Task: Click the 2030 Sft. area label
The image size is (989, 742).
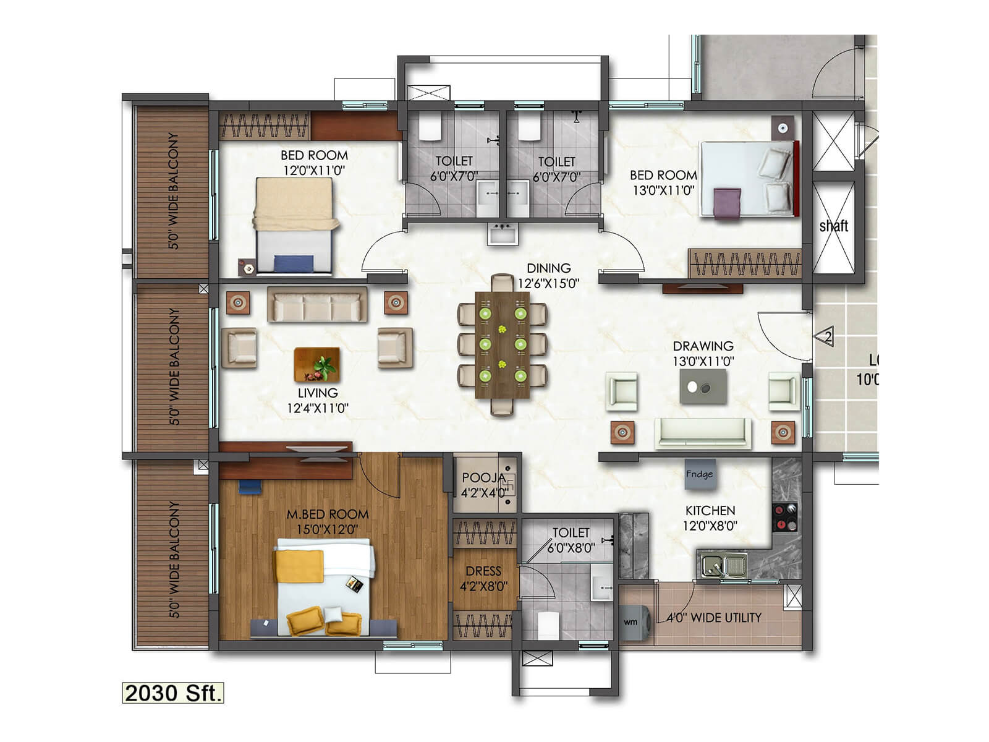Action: [172, 693]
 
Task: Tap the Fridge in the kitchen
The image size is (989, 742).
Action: [699, 474]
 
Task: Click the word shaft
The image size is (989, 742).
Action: [833, 226]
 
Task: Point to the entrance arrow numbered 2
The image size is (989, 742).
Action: [825, 337]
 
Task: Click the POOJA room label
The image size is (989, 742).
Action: [483, 478]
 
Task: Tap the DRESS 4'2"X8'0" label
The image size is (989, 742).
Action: [483, 578]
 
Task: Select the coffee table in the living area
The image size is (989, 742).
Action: [316, 365]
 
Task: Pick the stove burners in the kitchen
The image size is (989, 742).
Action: [785, 518]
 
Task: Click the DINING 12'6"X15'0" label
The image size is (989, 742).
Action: [548, 276]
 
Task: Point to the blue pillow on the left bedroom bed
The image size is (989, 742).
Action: [294, 263]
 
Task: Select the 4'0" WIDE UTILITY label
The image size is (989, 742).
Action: [714, 617]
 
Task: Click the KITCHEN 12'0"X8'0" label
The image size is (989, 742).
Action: [710, 518]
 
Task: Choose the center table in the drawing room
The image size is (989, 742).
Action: [703, 387]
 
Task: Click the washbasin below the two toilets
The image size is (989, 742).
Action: [502, 234]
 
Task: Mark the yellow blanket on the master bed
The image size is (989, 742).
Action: [299, 566]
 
